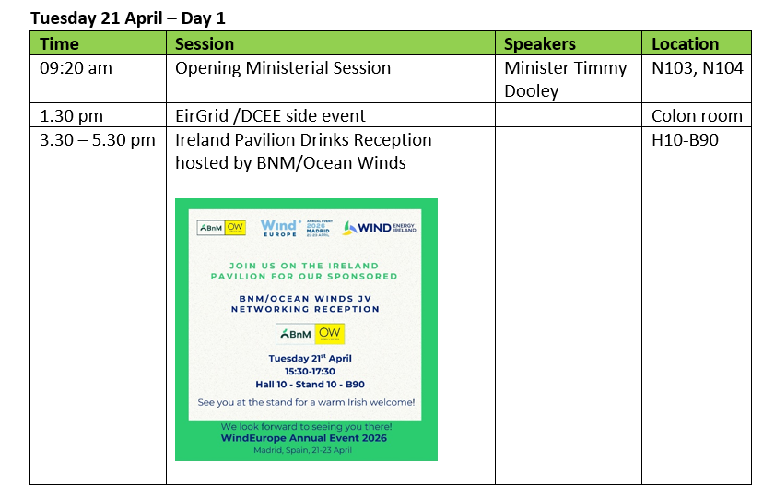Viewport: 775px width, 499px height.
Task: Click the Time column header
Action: coord(60,43)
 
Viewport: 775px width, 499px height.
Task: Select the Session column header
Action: coord(205,43)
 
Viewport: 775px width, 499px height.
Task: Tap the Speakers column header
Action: coord(539,43)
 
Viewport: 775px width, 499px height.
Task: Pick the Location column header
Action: coord(685,43)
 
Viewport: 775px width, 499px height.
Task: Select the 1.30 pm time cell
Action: coord(71,115)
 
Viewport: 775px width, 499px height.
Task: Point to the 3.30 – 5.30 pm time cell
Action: coord(97,140)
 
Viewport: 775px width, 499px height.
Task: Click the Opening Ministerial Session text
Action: coord(283,67)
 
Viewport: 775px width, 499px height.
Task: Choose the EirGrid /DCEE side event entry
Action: coord(270,115)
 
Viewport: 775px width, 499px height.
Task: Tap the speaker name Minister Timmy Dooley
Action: coord(566,78)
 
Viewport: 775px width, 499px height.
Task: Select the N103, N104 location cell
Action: coord(697,67)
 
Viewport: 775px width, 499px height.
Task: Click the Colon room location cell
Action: coord(697,115)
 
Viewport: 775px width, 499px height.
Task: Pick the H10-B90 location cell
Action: coord(685,140)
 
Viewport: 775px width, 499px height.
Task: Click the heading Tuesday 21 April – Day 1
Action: coord(127,18)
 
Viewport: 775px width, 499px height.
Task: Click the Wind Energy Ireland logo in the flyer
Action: coord(380,227)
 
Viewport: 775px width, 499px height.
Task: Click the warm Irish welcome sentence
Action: coord(306,402)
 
